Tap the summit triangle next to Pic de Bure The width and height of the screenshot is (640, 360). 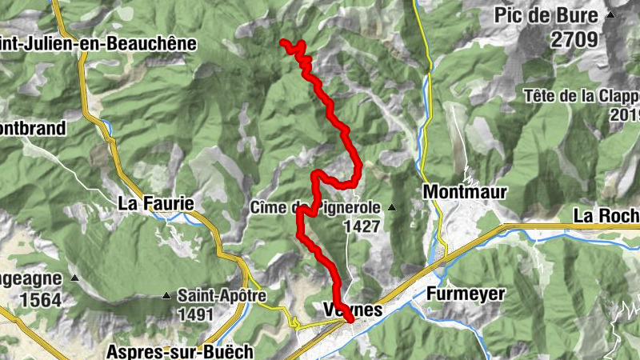click(611, 14)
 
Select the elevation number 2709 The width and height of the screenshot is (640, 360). click(574, 38)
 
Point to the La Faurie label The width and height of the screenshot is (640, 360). click(156, 203)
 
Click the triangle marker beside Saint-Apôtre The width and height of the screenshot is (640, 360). click(166, 296)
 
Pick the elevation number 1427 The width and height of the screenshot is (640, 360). click(361, 226)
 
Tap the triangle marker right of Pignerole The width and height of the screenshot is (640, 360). click(392, 208)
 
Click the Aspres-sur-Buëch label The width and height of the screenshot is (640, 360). click(180, 351)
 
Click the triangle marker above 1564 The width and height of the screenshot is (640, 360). click(74, 278)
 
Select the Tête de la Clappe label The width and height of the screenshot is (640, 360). click(582, 96)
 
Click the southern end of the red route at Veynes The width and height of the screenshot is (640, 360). click(350, 319)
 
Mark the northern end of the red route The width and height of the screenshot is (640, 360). click(284, 42)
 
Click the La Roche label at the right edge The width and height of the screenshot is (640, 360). click(606, 215)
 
